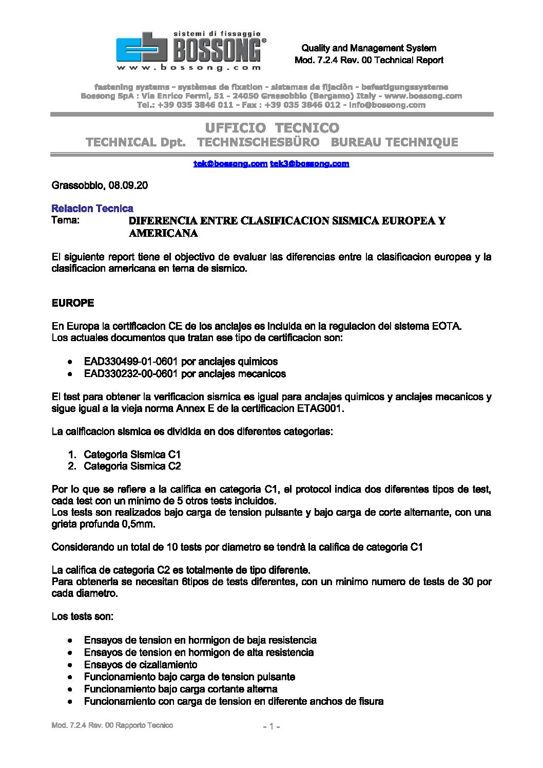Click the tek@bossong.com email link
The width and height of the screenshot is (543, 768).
230,164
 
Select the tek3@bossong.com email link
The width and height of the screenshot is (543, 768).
309,164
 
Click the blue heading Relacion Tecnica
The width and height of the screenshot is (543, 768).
92,209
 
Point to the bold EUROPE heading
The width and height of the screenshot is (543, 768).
73,303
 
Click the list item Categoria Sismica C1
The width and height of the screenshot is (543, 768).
132,455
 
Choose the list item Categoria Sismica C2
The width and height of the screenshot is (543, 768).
132,466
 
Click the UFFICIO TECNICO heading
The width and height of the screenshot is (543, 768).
272,128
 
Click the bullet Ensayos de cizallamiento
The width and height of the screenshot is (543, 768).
141,665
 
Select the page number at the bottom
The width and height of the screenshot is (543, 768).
271,726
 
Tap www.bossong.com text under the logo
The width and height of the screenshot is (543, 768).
188,67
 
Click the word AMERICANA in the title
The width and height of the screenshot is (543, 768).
163,234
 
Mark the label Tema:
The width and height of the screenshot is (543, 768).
66,221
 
